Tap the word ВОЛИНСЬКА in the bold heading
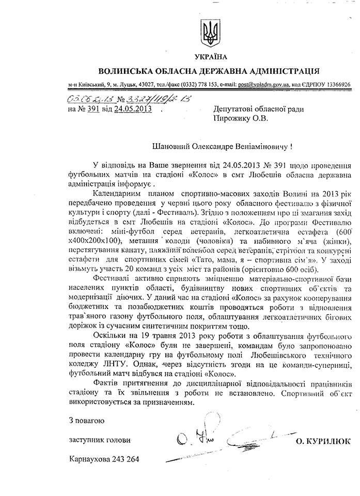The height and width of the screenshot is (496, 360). point(128,70)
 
